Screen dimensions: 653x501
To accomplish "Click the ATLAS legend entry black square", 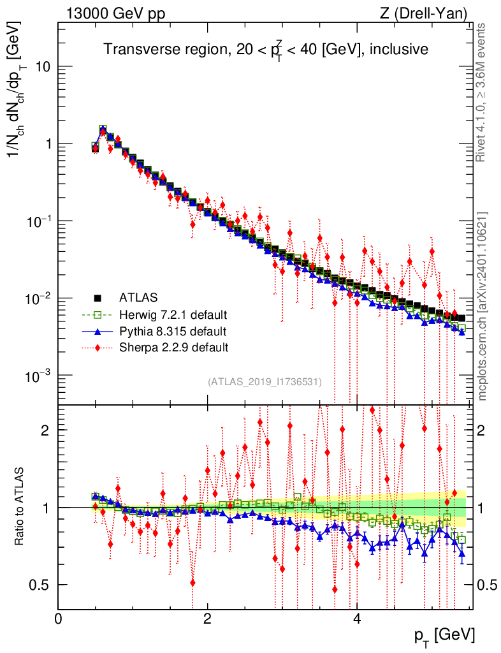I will (x=98, y=297).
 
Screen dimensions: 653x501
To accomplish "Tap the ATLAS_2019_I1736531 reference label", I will (x=265, y=381).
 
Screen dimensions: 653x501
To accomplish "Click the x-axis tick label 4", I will (x=358, y=619).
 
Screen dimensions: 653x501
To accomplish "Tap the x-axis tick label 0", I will (x=59, y=619).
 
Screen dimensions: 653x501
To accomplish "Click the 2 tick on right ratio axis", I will (x=483, y=430).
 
